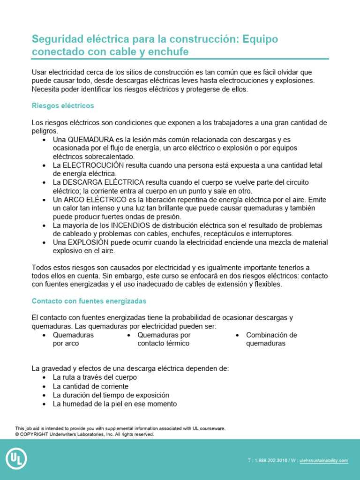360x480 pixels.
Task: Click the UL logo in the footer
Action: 16,459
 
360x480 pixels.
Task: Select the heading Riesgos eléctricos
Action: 63,106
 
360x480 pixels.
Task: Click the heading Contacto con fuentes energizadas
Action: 89,300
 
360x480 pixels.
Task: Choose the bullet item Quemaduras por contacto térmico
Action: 164,339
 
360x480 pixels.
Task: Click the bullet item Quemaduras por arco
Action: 73,339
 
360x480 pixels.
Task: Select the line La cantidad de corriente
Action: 90,387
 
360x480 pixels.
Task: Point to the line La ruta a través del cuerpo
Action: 95,377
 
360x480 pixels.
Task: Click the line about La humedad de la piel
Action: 114,404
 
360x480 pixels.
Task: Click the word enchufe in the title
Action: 170,52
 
